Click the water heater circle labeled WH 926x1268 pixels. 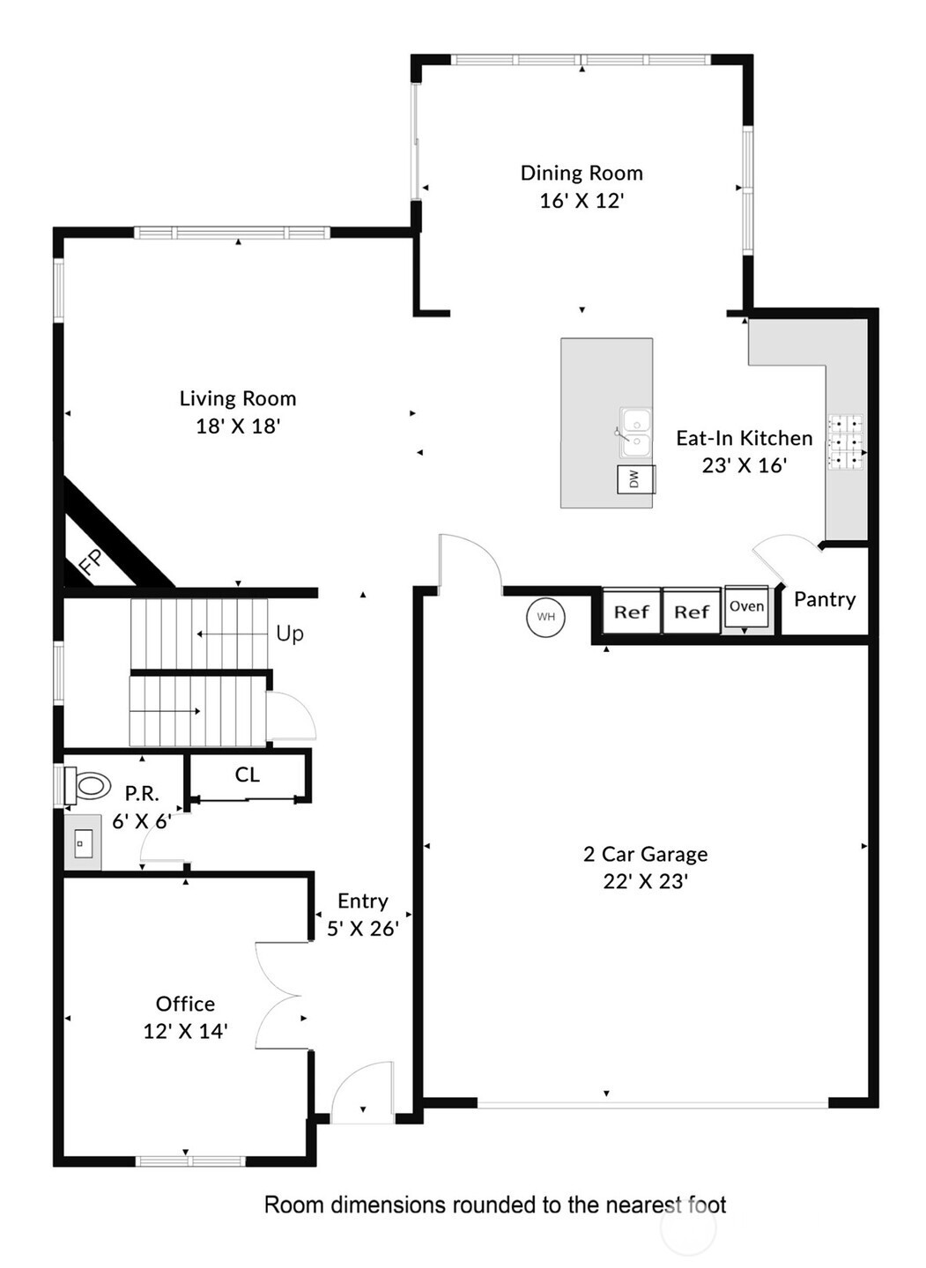click(x=545, y=617)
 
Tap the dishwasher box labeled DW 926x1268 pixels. click(x=636, y=478)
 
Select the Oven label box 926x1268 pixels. click(x=746, y=605)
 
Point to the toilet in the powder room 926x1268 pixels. click(x=87, y=785)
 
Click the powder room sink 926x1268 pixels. click(x=83, y=843)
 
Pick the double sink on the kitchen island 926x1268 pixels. click(x=635, y=432)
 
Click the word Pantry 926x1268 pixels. click(x=825, y=599)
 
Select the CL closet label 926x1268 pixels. click(x=248, y=775)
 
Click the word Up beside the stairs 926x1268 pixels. click(x=290, y=634)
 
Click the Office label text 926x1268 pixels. click(x=185, y=1004)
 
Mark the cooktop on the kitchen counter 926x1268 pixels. click(x=846, y=442)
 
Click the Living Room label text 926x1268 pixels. click(x=238, y=398)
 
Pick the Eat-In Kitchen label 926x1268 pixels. click(x=745, y=438)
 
